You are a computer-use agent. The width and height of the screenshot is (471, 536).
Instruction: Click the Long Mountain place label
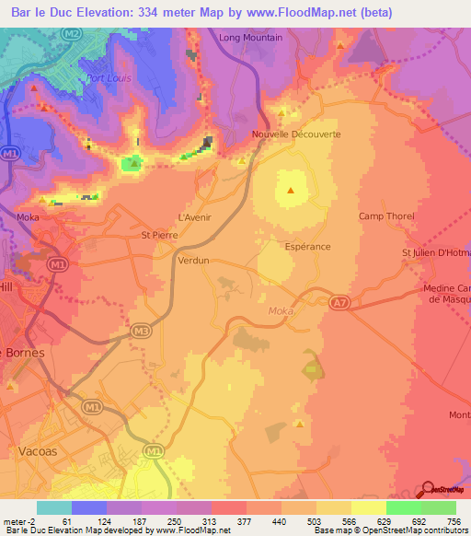[x=250, y=38]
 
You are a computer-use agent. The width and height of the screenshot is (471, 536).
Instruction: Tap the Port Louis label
[x=109, y=78]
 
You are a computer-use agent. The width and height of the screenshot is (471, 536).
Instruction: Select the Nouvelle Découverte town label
[x=296, y=134]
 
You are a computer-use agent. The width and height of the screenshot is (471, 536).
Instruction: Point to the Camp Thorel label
[x=385, y=216]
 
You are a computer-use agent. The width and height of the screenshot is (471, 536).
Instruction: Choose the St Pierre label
[x=158, y=235]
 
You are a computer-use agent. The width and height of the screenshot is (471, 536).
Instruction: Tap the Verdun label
[x=193, y=261]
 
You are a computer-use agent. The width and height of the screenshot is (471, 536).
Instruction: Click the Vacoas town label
[x=38, y=450]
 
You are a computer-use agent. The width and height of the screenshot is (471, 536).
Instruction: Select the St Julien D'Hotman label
[x=435, y=253]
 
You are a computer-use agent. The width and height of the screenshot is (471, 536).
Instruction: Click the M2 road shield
[x=73, y=33]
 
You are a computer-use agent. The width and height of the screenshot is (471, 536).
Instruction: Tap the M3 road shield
[x=141, y=330]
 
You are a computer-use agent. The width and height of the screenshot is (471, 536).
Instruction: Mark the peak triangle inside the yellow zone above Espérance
[x=291, y=192]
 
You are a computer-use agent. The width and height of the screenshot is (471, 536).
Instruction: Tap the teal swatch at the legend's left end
[x=53, y=507]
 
